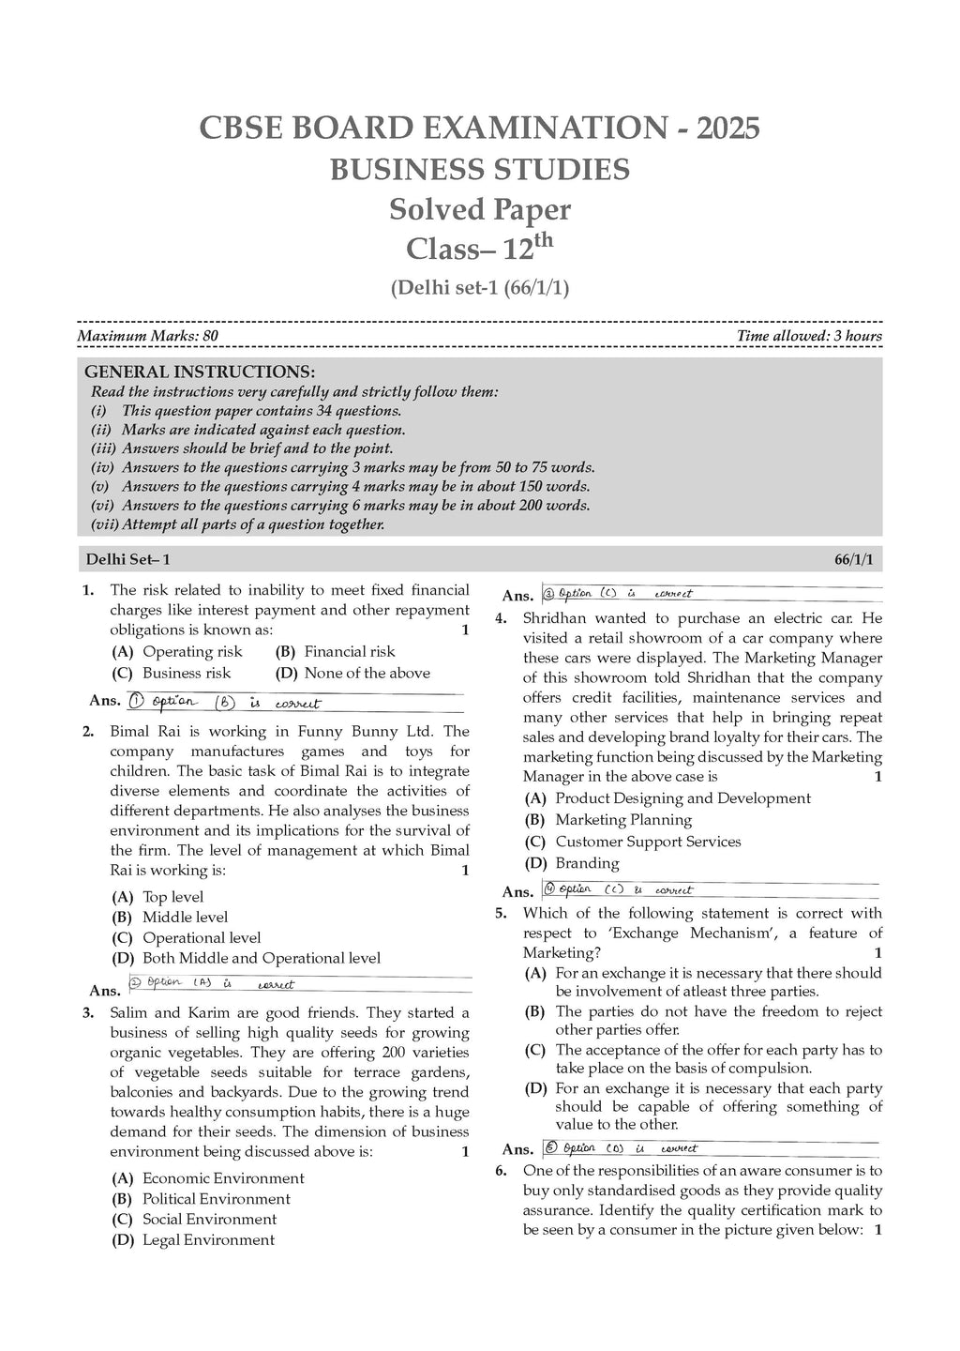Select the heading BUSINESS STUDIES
[479, 170]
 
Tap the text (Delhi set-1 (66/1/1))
[479, 289]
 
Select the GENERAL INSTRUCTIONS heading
[200, 372]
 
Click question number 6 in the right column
[502, 1170]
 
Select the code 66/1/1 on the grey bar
[853, 560]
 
